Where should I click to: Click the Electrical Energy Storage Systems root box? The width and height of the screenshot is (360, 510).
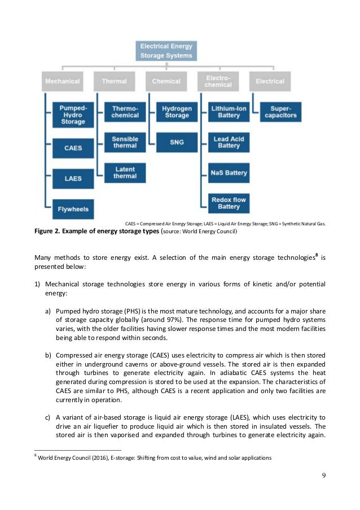point(166,51)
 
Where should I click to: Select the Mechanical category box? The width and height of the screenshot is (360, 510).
point(63,81)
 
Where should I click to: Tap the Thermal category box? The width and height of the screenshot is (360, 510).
point(114,81)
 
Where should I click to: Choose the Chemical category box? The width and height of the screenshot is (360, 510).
point(166,81)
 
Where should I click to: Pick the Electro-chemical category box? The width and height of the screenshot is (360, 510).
point(218,81)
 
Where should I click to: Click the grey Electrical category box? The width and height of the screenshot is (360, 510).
point(270,81)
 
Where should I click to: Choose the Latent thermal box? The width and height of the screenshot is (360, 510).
point(125,172)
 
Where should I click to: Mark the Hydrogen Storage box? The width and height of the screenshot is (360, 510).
point(177,112)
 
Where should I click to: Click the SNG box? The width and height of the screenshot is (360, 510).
point(177,142)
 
